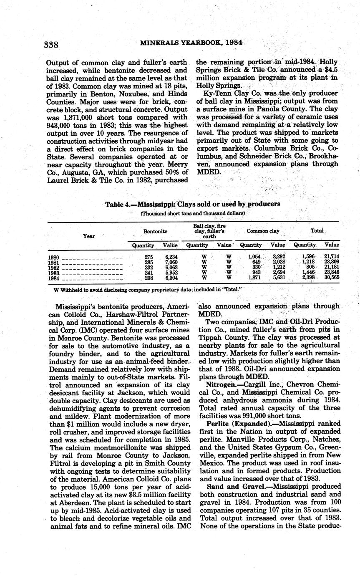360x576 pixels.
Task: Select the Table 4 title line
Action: [x=192, y=204]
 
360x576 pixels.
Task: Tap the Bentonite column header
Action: [x=155, y=231]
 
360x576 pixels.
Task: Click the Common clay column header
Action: [x=263, y=231]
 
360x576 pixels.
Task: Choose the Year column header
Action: [x=89, y=236]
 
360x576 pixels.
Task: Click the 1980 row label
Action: [x=54, y=257]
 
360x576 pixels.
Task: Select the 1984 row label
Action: [x=54, y=278]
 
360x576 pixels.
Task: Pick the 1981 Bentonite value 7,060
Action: [x=171, y=263]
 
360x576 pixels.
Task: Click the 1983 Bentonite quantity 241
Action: [x=149, y=273]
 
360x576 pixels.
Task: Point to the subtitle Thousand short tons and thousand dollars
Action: [x=192, y=213]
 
